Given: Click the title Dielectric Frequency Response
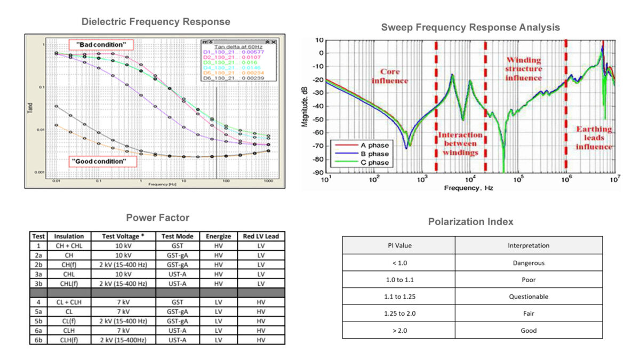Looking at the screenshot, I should (x=156, y=22).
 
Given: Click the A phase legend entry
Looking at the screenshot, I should (x=361, y=145).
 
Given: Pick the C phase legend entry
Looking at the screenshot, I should (x=361, y=163).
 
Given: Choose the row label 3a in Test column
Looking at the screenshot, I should (x=38, y=274).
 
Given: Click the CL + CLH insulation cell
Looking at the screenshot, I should (x=69, y=302).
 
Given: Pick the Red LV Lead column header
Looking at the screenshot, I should (x=261, y=236).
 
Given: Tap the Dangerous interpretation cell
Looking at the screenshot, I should (x=529, y=262).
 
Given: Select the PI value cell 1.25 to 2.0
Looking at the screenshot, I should (x=398, y=313).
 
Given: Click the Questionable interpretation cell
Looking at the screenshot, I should (x=529, y=296).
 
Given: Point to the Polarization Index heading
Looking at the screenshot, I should (x=470, y=221).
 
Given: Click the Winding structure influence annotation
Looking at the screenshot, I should (x=524, y=69).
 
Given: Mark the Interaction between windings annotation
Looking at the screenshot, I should (x=460, y=143).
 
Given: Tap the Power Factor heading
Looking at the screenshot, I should (x=157, y=217).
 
